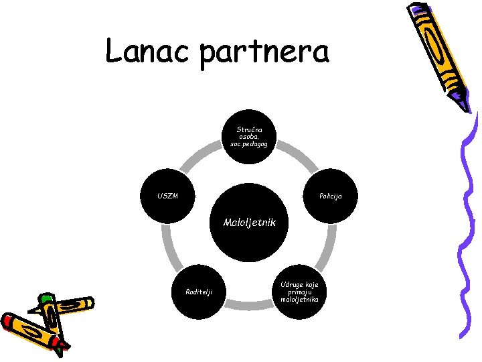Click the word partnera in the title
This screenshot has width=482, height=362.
click(264, 52)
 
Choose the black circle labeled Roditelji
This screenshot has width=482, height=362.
click(198, 291)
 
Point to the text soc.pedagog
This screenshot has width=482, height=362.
click(249, 144)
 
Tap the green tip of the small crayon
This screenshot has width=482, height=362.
click(46, 297)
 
